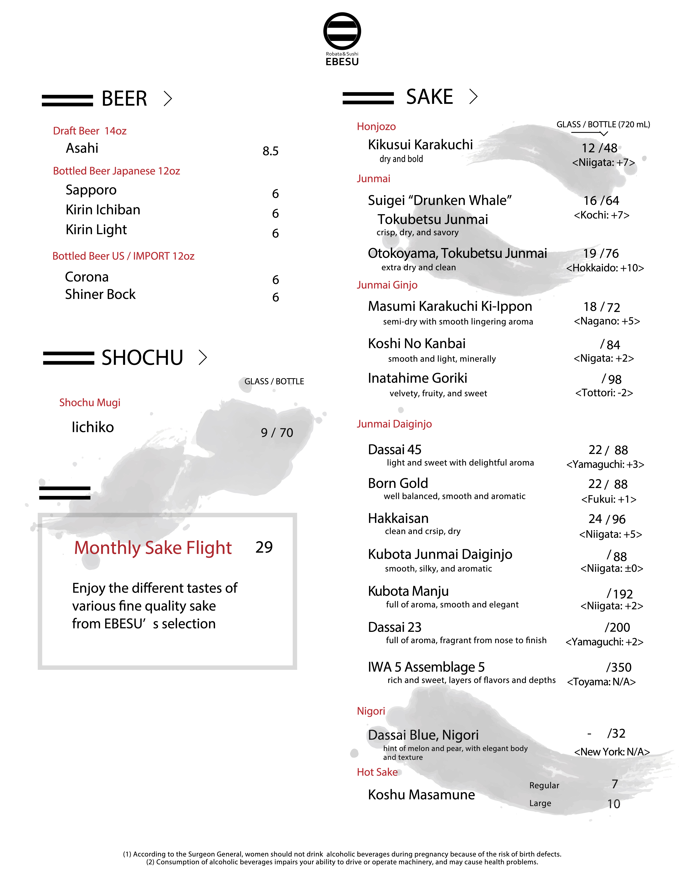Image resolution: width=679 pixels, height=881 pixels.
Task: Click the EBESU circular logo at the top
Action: pyautogui.click(x=342, y=31)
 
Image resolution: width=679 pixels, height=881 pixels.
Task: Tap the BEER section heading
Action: pyautogui.click(x=124, y=99)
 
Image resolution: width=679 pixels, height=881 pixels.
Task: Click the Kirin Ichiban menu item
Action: pyautogui.click(x=103, y=210)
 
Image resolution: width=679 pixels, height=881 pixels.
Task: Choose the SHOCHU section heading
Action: pyautogui.click(x=142, y=358)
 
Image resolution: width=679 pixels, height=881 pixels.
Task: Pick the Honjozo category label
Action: pyautogui.click(x=376, y=127)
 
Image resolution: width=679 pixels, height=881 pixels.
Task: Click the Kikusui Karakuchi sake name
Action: pyautogui.click(x=420, y=144)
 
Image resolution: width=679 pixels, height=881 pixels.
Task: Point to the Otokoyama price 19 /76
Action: pyautogui.click(x=601, y=253)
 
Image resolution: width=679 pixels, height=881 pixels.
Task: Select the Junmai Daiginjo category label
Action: pyautogui.click(x=394, y=424)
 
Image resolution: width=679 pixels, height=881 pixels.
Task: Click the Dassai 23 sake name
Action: pyautogui.click(x=394, y=627)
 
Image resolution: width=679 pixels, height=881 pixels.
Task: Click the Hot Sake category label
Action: pyautogui.click(x=377, y=772)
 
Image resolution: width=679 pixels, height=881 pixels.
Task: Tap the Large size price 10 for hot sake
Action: pyautogui.click(x=614, y=804)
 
